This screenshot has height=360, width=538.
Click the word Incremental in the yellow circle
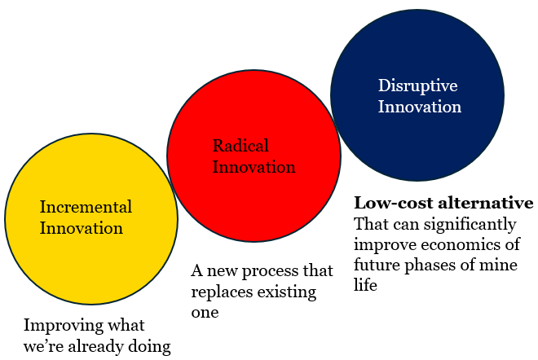click(x=86, y=207)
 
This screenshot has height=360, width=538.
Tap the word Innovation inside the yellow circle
click(x=82, y=228)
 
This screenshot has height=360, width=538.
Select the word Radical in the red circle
click(x=240, y=146)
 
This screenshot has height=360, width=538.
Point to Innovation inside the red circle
click(x=254, y=167)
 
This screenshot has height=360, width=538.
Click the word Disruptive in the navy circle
click(x=418, y=86)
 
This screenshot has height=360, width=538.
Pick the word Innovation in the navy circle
click(x=420, y=107)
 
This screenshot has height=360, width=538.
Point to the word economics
click(x=461, y=245)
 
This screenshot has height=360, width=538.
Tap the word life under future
click(x=365, y=284)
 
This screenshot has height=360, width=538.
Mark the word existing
click(x=286, y=292)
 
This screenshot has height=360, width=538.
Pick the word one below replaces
click(x=205, y=313)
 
